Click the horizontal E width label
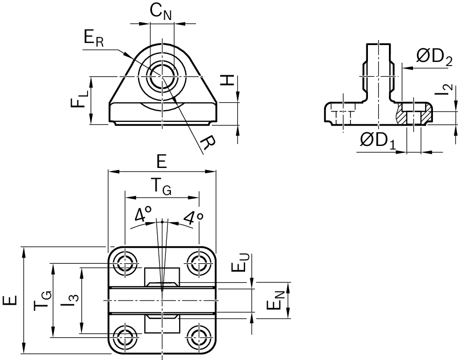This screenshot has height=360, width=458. [162, 162]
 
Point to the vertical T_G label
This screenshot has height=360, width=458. [43, 300]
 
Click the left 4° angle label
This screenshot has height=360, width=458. [142, 216]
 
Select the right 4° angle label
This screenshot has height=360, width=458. [193, 218]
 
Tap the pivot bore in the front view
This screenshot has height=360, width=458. [162, 77]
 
